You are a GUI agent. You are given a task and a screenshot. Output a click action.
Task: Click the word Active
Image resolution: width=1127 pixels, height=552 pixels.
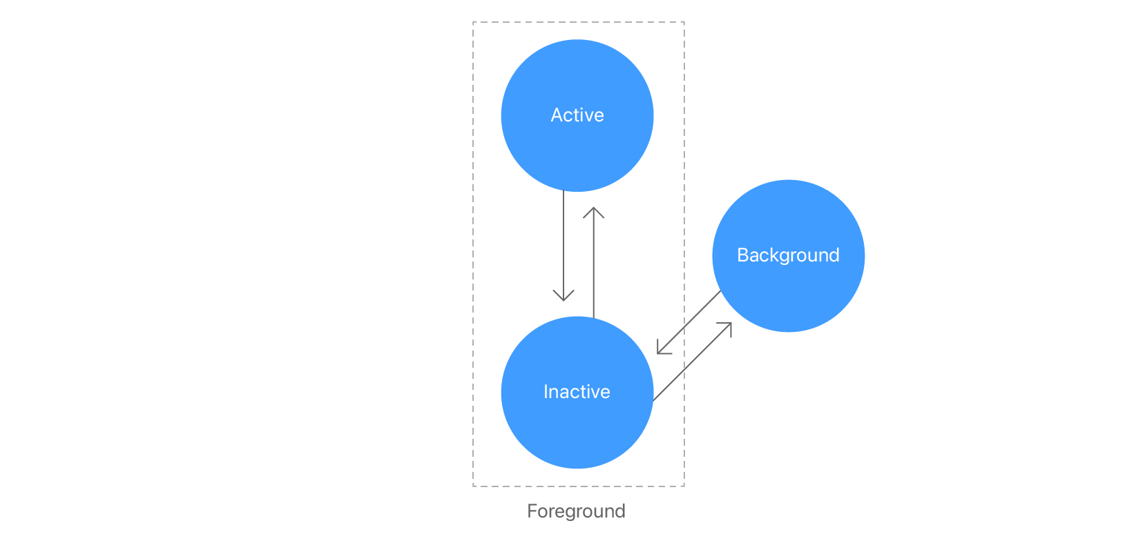pos(577,115)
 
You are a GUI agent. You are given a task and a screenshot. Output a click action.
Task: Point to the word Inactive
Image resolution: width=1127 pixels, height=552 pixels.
pos(577,392)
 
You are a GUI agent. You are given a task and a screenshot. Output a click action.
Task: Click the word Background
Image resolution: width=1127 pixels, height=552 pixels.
pos(788,255)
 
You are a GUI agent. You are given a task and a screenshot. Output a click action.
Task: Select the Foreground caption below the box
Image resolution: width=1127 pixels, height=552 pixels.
pos(576,511)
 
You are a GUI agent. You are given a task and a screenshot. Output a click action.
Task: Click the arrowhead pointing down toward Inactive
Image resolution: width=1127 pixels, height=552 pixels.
pos(563,297)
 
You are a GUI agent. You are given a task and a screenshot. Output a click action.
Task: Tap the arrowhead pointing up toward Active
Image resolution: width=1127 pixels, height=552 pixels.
pos(594,210)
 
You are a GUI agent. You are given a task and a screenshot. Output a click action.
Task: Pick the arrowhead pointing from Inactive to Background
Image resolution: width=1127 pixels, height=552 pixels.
pos(729,326)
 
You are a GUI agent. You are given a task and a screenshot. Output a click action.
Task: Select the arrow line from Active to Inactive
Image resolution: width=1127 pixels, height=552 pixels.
pos(563,241)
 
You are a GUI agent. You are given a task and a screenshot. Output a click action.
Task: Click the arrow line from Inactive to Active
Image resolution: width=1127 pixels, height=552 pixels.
pos(594,269)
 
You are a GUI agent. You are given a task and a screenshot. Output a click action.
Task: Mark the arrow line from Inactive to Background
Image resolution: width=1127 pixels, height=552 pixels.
pos(691,364)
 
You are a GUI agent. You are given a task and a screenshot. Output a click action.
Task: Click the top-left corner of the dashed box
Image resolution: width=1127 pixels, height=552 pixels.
pos(473,22)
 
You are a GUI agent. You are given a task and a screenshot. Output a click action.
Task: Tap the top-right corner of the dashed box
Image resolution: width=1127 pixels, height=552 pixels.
pos(684,22)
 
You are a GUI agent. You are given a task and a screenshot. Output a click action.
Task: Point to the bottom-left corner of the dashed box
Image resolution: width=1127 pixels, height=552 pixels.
pos(473,486)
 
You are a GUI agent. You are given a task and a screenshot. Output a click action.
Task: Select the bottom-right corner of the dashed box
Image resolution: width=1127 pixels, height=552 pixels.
pos(684,486)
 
